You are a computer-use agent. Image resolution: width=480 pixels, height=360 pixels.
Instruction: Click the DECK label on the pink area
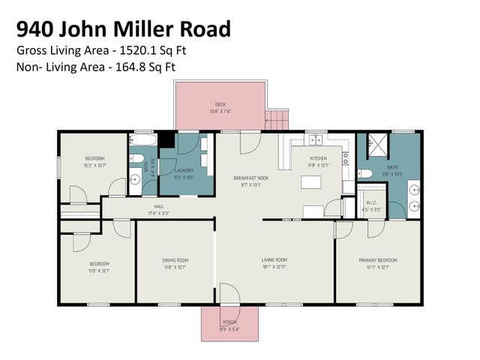[x=220, y=104]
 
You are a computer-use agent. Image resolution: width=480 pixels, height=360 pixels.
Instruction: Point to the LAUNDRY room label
[x=184, y=170]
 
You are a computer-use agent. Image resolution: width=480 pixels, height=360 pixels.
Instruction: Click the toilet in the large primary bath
[x=365, y=173]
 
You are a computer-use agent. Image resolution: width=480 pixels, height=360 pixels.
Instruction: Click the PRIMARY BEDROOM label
[x=377, y=260]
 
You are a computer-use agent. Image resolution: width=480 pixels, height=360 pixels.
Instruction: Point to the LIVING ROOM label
[x=274, y=260]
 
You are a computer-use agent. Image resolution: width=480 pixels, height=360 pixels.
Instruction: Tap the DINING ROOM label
[x=175, y=260]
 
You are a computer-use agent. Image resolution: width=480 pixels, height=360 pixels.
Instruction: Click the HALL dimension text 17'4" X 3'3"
[x=158, y=212]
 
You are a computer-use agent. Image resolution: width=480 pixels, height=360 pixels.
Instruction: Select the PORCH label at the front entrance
[x=229, y=322]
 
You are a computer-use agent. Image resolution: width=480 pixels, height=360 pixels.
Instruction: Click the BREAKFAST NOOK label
[x=250, y=178]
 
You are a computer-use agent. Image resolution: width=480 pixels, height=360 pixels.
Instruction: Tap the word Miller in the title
[x=146, y=28]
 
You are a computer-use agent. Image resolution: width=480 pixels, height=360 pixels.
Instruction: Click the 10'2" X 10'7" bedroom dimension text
[x=94, y=164]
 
